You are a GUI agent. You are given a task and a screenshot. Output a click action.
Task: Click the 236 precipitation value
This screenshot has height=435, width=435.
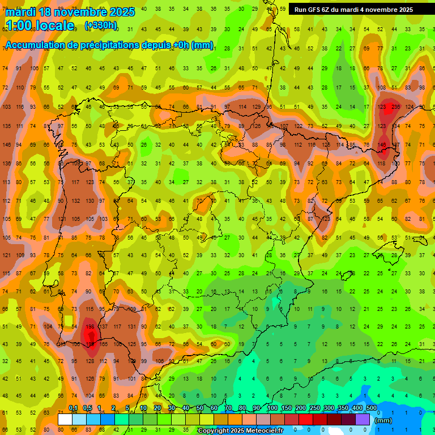click(x=395, y=106)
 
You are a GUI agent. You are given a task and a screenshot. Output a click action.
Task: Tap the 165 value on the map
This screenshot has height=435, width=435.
click(x=104, y=344)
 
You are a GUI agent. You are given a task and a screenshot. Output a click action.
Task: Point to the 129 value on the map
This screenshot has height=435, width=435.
click(x=256, y=106)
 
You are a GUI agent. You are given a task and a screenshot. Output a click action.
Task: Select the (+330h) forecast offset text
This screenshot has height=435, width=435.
click(x=101, y=25)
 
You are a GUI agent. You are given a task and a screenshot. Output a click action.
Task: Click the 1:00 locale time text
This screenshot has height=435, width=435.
click(x=40, y=25)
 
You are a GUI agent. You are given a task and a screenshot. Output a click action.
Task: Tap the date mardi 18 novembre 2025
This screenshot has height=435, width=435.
click(x=70, y=12)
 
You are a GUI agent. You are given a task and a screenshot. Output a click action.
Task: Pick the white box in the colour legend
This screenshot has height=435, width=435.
click(x=65, y=420)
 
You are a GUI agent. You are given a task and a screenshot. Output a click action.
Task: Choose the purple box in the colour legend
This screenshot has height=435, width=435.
click(x=362, y=420)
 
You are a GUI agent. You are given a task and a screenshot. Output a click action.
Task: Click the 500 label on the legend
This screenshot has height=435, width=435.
click(x=371, y=408)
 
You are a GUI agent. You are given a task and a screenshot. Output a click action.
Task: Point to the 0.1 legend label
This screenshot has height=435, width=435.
click(x=73, y=408)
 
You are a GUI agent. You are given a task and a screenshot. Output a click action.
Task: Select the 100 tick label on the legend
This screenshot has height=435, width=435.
click(x=272, y=408)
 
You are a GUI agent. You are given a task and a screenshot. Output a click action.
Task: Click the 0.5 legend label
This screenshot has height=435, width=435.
click(x=87, y=408)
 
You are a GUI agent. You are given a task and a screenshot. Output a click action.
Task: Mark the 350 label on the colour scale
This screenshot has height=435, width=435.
click(x=343, y=408)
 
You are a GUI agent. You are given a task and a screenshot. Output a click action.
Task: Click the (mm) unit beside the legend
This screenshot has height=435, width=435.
click(x=383, y=420)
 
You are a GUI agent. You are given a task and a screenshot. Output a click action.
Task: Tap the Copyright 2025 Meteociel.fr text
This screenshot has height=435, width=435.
click(x=240, y=431)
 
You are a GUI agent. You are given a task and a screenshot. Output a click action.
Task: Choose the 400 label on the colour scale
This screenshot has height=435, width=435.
click(x=357, y=408)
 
